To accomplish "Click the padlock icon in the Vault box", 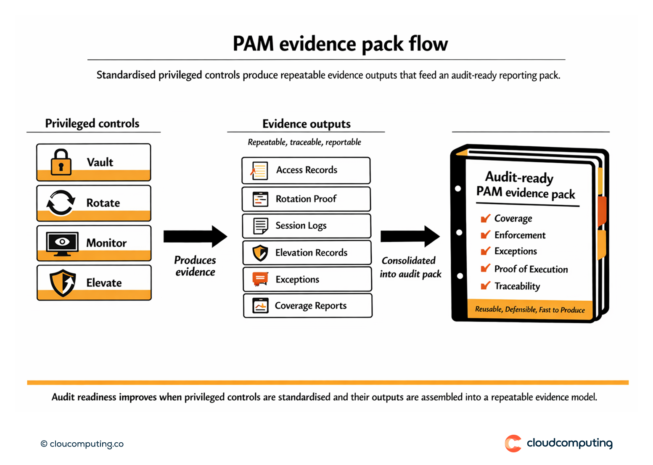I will click(x=61, y=162).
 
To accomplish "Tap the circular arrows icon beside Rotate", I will click(x=61, y=203).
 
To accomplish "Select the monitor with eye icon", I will click(x=62, y=243).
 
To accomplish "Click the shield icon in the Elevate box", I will click(x=63, y=283).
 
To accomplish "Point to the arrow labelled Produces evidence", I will click(x=195, y=236).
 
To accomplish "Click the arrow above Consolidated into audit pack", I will click(x=410, y=236).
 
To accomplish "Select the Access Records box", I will click(x=306, y=170).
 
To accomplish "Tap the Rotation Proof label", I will click(x=306, y=199).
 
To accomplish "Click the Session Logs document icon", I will click(x=260, y=226).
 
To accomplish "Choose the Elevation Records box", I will click(x=307, y=253).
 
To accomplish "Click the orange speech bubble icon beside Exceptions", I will click(x=260, y=279).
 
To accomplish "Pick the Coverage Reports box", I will click(x=307, y=306).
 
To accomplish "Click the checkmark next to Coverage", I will click(x=485, y=218).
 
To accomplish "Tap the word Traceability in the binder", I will click(x=517, y=286).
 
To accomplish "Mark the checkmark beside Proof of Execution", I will click(x=485, y=268).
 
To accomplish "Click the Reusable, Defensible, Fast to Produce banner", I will click(x=530, y=310).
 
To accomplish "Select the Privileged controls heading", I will click(x=92, y=124).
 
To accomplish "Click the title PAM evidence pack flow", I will click(x=340, y=44).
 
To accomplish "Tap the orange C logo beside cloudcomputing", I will click(x=513, y=443).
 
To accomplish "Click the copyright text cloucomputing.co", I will click(x=82, y=444).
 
